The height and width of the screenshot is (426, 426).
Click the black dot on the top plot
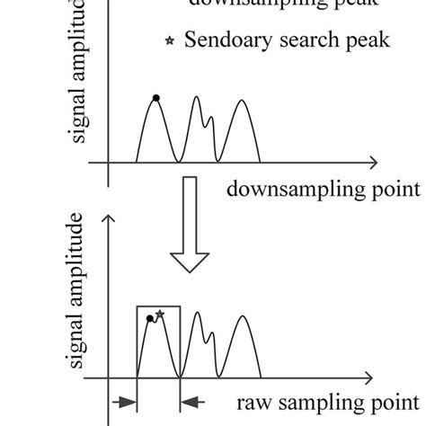pos(155,97)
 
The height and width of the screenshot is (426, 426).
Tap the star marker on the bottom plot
pos(160,314)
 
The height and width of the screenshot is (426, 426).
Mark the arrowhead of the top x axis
pos(370,164)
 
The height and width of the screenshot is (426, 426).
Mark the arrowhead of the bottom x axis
pos(369,377)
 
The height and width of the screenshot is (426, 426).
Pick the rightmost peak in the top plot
pos(240,101)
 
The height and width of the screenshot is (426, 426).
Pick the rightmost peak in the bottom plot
pos(242,316)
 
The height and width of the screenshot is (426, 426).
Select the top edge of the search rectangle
pos(159,306)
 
